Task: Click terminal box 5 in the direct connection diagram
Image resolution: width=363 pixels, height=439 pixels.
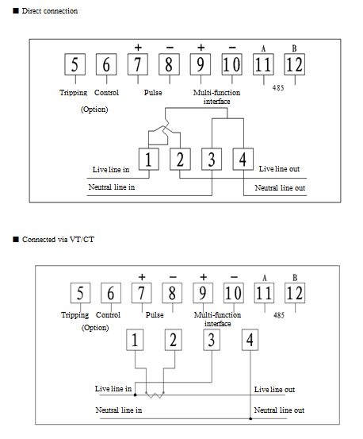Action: tap(75, 64)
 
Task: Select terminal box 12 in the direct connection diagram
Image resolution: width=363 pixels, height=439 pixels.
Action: tap(295, 64)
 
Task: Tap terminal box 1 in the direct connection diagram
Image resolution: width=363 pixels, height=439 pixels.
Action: tap(149, 159)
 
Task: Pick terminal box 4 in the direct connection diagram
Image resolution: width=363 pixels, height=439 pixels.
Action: tap(243, 159)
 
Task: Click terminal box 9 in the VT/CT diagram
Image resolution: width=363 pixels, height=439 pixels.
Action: tap(203, 293)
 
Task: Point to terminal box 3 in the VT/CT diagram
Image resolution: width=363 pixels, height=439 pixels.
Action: tap(212, 340)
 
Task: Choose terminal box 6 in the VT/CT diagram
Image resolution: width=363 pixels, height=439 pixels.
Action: tap(111, 293)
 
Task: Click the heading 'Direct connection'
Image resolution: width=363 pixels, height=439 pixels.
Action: tap(50, 11)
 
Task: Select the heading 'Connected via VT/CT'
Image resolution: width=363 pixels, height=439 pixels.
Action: tap(58, 240)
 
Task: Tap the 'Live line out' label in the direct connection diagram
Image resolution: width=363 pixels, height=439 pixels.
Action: tap(279, 169)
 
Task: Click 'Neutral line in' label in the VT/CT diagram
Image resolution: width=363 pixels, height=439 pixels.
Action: tap(119, 410)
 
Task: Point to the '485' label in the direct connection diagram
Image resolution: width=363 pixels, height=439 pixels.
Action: tap(278, 88)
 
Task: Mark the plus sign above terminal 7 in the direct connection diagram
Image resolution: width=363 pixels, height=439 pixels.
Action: tap(138, 48)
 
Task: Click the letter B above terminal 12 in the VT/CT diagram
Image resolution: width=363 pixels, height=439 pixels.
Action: tap(295, 278)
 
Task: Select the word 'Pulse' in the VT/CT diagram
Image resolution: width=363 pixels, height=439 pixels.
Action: tap(155, 315)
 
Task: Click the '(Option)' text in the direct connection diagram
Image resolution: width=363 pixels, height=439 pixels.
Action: tap(94, 110)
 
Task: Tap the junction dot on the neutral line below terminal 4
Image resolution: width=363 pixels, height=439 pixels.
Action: tap(250, 418)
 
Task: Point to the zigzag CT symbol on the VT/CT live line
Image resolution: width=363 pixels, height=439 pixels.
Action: tap(155, 395)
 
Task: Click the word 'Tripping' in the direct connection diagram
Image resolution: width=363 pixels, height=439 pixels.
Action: tap(73, 93)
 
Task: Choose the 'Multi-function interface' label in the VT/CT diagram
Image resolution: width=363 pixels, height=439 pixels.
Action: tap(217, 319)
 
